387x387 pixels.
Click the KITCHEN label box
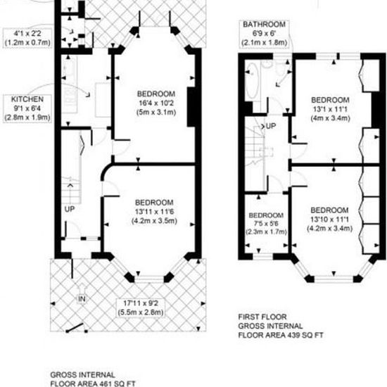click(x=27, y=108)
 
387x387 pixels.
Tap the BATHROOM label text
click(x=265, y=25)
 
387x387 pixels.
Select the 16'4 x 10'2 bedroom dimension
click(x=156, y=103)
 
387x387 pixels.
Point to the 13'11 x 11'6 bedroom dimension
click(x=155, y=212)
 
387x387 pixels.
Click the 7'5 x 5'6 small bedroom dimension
click(x=266, y=224)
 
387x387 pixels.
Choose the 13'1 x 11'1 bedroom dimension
click(x=330, y=109)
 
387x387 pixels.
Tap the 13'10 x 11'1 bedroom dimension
click(x=329, y=220)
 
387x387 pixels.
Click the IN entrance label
click(x=82, y=299)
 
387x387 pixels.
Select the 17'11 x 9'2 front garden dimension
click(x=141, y=303)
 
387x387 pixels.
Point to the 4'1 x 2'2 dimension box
click(x=27, y=37)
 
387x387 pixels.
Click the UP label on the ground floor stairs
click(x=70, y=209)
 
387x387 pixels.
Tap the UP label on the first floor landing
click(x=271, y=126)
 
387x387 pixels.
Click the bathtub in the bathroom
click(x=252, y=80)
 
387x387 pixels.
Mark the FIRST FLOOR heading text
click(x=262, y=317)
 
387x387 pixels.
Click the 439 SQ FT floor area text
click(x=304, y=335)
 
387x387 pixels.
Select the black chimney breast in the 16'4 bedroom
click(x=191, y=107)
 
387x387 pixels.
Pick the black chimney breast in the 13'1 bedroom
click(x=376, y=110)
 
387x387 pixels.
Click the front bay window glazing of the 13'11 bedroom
click(x=149, y=279)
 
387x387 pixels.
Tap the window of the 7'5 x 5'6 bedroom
click(x=263, y=257)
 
